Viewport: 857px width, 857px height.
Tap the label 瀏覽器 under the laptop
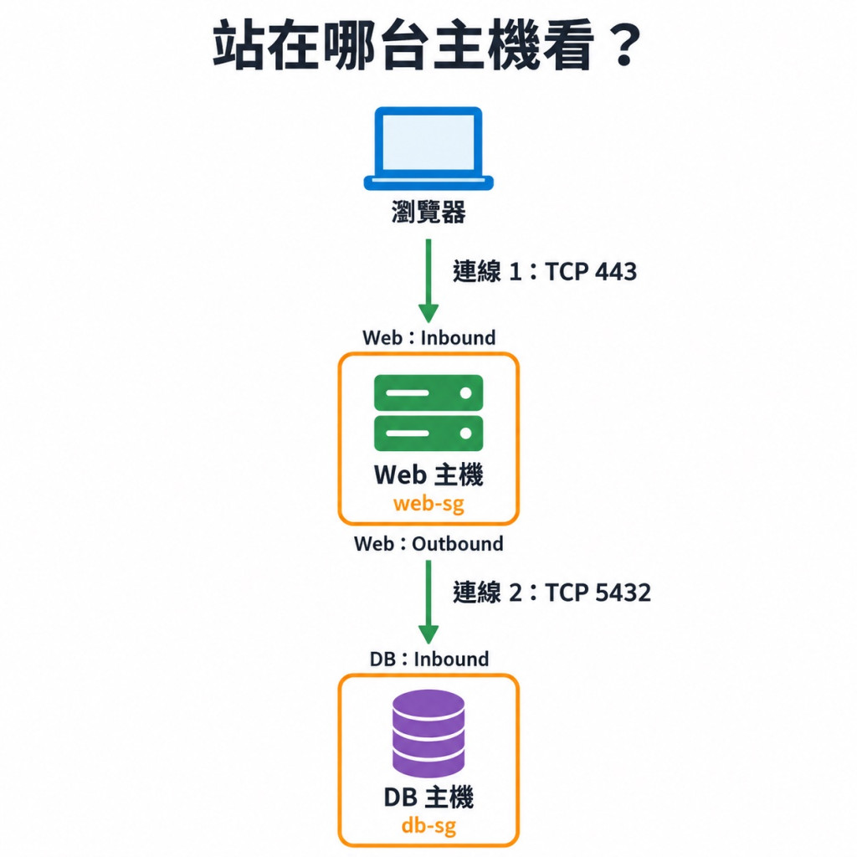point(428,212)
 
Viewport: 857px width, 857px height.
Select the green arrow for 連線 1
point(428,281)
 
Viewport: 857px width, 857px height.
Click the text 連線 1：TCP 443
point(545,272)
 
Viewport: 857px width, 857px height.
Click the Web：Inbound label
point(429,338)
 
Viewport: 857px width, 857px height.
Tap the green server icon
point(428,413)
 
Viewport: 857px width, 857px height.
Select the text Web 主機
point(428,475)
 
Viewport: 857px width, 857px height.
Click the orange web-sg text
point(428,504)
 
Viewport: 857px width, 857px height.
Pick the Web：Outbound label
point(429,544)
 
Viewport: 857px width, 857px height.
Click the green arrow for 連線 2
point(428,603)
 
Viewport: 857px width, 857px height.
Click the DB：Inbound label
point(429,659)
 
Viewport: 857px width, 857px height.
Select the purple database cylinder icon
point(428,733)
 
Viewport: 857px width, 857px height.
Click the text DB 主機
point(428,798)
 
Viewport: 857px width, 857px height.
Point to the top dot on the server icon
point(465,393)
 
